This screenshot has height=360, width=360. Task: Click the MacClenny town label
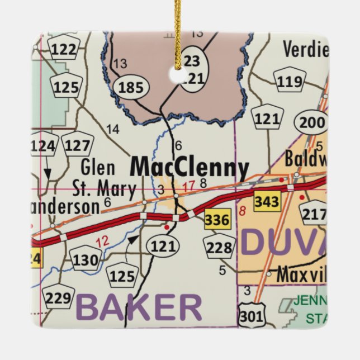[x=190, y=168]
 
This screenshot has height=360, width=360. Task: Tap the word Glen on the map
[x=98, y=167]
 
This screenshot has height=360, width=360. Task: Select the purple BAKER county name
[x=139, y=307]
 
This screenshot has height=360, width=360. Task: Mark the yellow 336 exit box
[x=216, y=220]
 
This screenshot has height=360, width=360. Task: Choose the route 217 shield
[x=315, y=213]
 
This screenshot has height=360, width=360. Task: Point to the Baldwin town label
[x=305, y=159]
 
